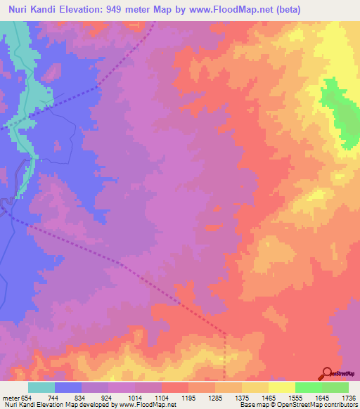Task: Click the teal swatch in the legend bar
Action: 41,387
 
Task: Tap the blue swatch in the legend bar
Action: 68,387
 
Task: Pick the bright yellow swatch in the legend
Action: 281,387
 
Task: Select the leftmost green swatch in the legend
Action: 308,387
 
